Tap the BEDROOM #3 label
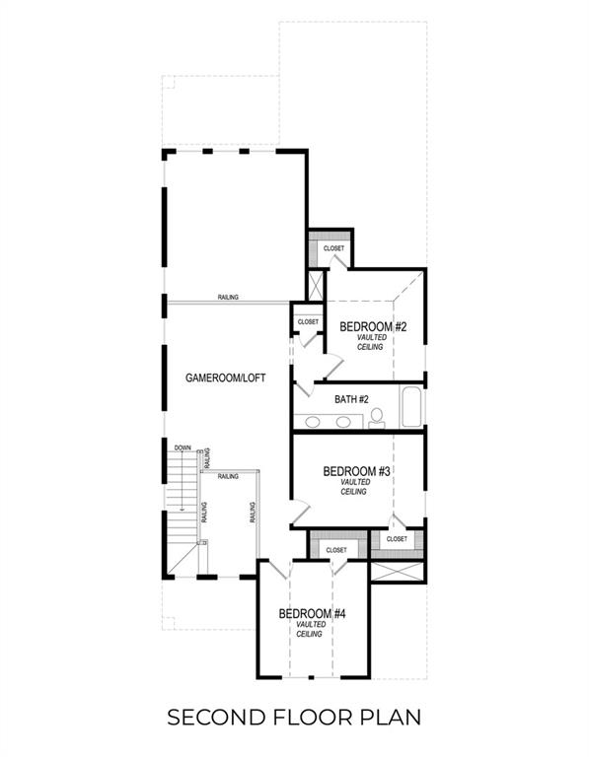(357, 471)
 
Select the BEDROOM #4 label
(312, 614)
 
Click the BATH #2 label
(351, 399)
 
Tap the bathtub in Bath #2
(411, 406)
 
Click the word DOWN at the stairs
(183, 447)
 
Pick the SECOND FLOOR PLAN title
(294, 716)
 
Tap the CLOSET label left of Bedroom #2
(308, 321)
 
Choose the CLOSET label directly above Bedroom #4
(336, 549)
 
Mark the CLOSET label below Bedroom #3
(397, 539)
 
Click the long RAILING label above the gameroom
(229, 298)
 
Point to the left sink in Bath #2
(313, 422)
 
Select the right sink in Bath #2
(343, 422)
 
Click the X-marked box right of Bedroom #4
(398, 571)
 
